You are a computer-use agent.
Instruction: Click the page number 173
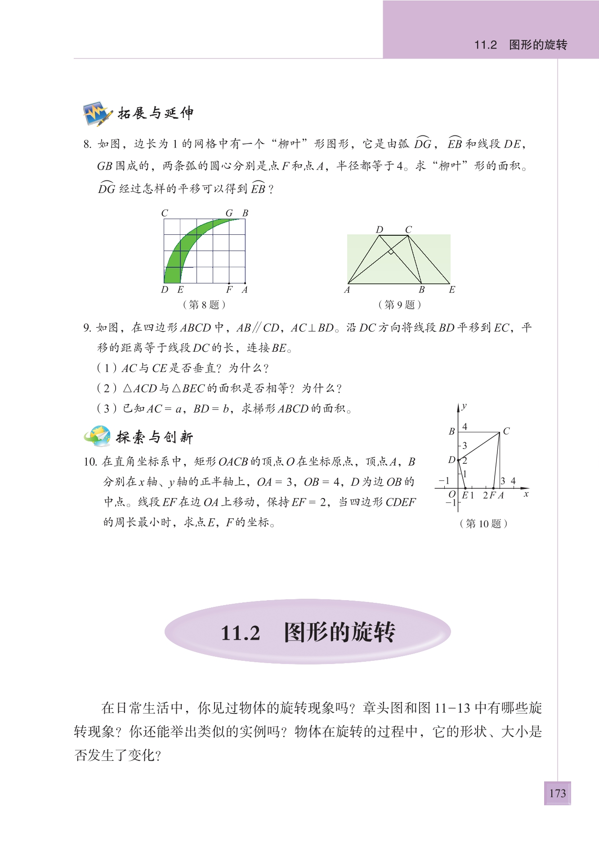557,793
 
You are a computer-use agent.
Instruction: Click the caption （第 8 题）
204,305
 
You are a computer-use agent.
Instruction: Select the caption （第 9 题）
400,305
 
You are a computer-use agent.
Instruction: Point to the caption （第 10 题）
483,524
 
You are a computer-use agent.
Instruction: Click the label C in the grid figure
165,213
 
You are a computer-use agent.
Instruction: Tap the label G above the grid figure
229,213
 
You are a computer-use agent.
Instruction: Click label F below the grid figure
229,290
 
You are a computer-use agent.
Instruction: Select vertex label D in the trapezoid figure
380,229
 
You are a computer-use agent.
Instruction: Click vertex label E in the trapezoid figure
452,290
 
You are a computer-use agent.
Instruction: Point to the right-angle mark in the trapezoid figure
391,251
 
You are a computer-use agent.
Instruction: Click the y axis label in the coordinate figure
464,406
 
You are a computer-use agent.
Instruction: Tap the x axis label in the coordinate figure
526,494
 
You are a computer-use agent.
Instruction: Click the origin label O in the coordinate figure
452,494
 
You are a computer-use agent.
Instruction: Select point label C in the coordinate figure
506,431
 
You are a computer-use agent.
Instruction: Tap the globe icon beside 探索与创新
98,436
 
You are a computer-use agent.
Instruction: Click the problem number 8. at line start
87,144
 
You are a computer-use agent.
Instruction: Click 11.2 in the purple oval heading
241,633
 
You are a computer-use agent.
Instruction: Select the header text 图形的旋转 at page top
538,45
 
